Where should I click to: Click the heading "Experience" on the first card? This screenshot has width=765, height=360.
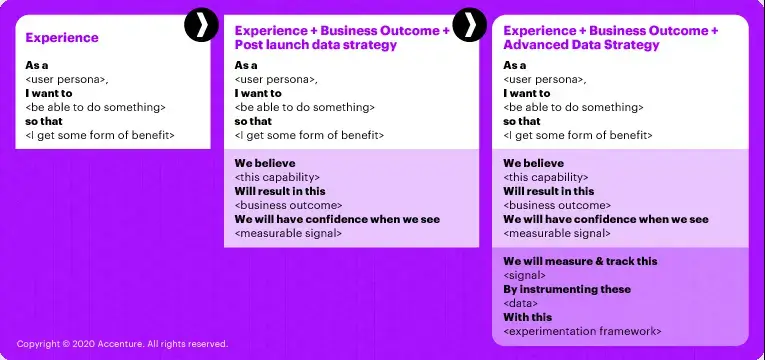click(x=62, y=38)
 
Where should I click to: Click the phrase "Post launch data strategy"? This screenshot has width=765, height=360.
click(x=316, y=45)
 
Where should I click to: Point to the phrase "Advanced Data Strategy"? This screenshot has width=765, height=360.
click(x=581, y=45)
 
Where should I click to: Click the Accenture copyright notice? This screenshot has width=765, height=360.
click(x=122, y=344)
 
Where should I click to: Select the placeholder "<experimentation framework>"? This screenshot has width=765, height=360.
click(x=582, y=331)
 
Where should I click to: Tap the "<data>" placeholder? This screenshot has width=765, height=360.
click(x=521, y=303)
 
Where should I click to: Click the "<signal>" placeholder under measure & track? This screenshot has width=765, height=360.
click(x=525, y=275)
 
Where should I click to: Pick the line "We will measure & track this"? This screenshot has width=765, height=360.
click(x=580, y=261)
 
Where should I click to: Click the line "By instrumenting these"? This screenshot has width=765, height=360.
click(x=567, y=289)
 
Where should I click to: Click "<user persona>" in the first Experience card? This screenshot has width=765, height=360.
click(x=67, y=79)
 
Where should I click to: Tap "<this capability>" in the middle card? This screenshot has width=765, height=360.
click(x=278, y=177)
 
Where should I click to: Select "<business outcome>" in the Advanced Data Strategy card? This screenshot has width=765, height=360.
click(x=557, y=205)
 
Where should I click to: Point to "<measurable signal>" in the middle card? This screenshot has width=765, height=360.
click(x=288, y=233)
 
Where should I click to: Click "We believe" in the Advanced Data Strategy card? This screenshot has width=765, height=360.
click(x=533, y=163)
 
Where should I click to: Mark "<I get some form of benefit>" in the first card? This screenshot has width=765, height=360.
click(x=100, y=135)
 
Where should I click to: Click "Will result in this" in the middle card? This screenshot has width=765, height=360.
click(x=280, y=191)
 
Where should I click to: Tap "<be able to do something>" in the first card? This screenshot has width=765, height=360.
click(x=95, y=107)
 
